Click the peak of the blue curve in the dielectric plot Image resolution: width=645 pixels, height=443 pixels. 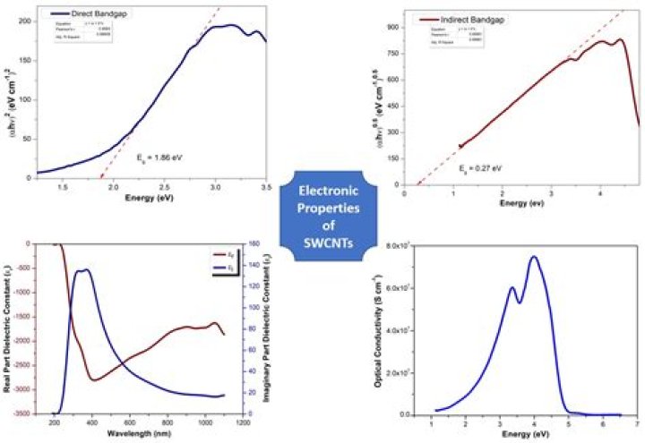pyautogui.click(x=85, y=269)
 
